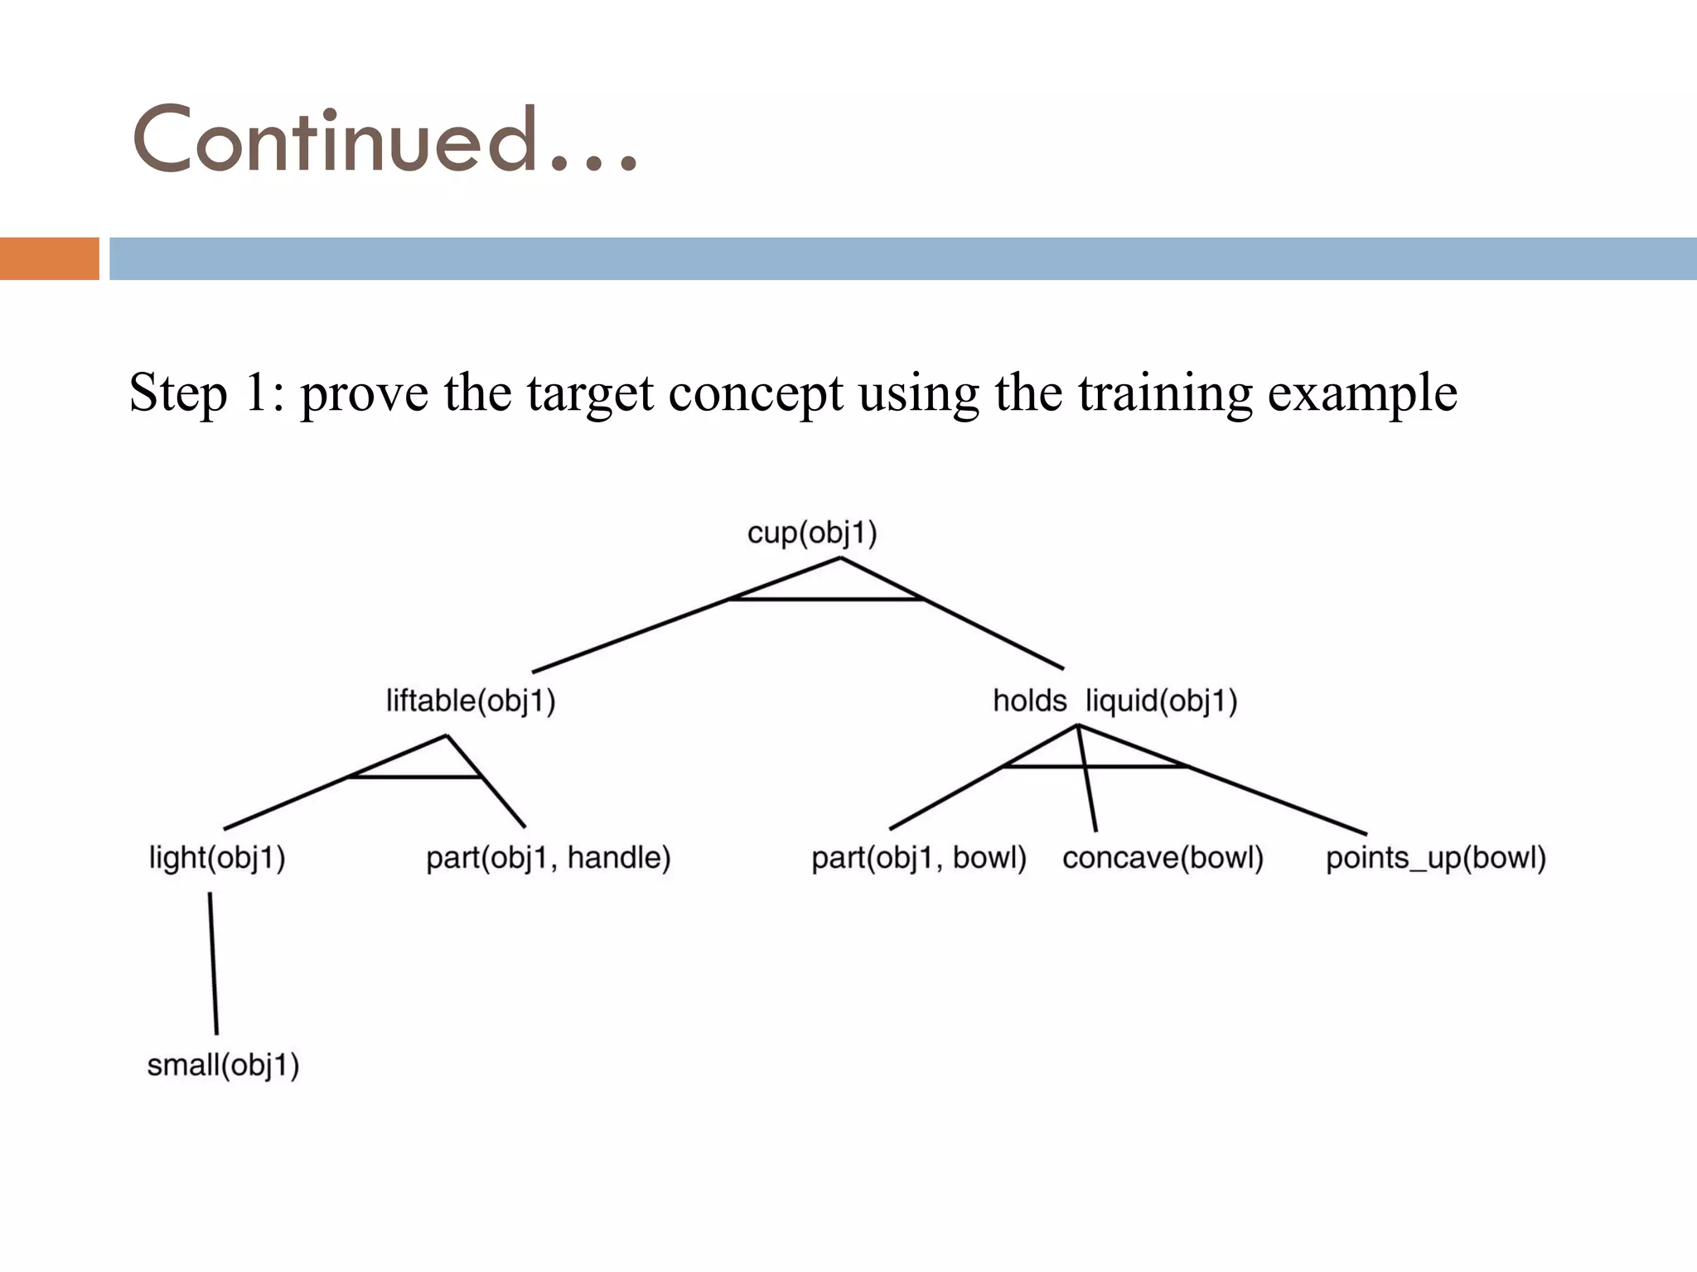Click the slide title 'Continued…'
pyautogui.click(x=385, y=141)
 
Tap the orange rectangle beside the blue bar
pyautogui.click(x=49, y=258)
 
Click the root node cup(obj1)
pyautogui.click(x=812, y=532)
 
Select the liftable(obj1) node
pyautogui.click(x=471, y=701)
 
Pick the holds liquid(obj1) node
pyautogui.click(x=1114, y=701)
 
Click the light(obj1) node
pyautogui.click(x=217, y=858)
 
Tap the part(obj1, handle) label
pyautogui.click(x=548, y=858)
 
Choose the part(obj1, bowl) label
pyautogui.click(x=918, y=858)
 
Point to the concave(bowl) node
pyautogui.click(x=1163, y=858)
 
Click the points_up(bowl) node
pyautogui.click(x=1435, y=858)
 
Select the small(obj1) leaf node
pyautogui.click(x=223, y=1065)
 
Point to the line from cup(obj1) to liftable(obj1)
pyautogui.click(x=630, y=635)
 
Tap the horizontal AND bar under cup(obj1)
pyautogui.click(x=826, y=599)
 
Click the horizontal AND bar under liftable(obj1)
pyautogui.click(x=414, y=777)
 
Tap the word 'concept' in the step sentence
pyautogui.click(x=756, y=394)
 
